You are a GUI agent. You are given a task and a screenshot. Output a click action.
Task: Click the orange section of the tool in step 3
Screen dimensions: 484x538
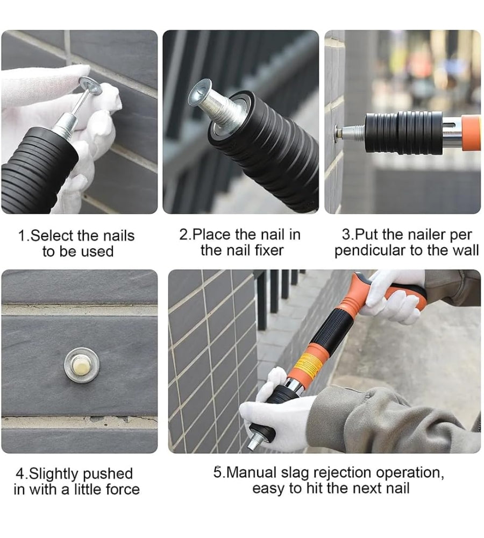(x=471, y=133)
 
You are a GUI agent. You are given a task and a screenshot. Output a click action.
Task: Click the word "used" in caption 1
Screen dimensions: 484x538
(x=97, y=251)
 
